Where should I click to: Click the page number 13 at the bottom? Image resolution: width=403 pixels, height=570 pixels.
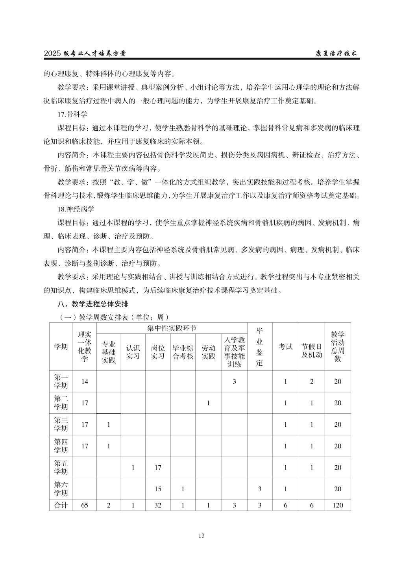pyautogui.click(x=201, y=535)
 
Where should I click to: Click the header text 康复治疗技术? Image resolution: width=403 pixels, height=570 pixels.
pyautogui.click(x=336, y=54)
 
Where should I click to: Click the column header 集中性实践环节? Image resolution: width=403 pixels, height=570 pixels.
pyautogui.click(x=172, y=328)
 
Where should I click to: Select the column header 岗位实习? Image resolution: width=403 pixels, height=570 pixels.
pyautogui.click(x=158, y=352)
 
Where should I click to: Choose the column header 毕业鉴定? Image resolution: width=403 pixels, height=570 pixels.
pyautogui.click(x=259, y=346)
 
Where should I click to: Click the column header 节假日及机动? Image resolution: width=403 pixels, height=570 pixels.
pyautogui.click(x=312, y=350)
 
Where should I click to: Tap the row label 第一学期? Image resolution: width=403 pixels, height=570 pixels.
pyautogui.click(x=61, y=381)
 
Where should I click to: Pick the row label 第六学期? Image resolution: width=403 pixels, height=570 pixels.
pyautogui.click(x=61, y=489)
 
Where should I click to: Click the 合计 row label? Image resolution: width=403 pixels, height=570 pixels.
pyautogui.click(x=61, y=505)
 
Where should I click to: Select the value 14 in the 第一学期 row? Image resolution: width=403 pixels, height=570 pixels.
pyautogui.click(x=84, y=381)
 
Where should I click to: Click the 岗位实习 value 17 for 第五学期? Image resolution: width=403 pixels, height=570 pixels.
pyautogui.click(x=158, y=467)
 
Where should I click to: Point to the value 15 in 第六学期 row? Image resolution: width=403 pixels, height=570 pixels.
pyautogui.click(x=158, y=489)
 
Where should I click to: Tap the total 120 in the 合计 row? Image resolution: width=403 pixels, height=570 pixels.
pyautogui.click(x=337, y=505)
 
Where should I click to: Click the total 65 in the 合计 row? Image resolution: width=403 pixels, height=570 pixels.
pyautogui.click(x=84, y=505)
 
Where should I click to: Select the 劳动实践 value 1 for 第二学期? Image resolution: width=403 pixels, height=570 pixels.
pyautogui.click(x=208, y=403)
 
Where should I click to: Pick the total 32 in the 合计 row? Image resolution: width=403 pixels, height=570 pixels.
pyautogui.click(x=158, y=505)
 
